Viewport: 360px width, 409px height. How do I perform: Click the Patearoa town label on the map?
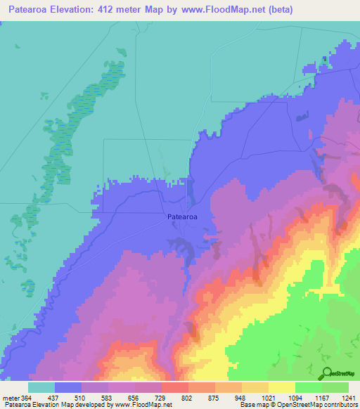tap(182, 217)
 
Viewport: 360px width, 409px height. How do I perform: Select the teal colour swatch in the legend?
tap(41, 387)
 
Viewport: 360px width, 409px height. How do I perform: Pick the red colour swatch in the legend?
tap(175, 387)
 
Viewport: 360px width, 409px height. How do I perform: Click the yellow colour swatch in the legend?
tap(282, 387)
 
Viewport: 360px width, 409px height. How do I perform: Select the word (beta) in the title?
tap(281, 9)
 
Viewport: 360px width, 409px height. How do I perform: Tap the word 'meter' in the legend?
tap(11, 398)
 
